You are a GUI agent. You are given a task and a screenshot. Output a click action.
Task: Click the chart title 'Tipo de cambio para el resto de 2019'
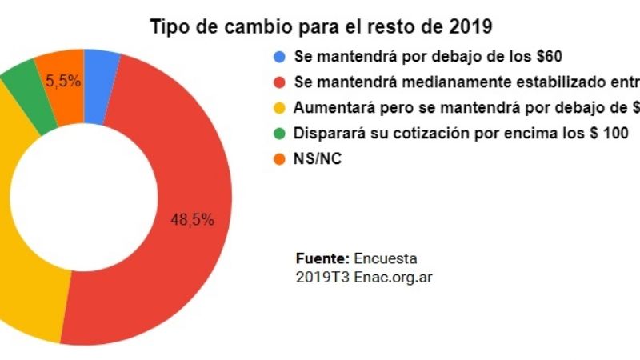pos(321,26)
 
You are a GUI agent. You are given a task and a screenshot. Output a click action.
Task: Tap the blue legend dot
pos(278,57)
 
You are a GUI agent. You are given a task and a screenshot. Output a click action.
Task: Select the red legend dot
pos(278,82)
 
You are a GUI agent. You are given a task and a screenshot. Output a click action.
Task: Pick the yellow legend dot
pos(278,107)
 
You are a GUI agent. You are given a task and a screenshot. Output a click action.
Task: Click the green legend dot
pos(278,132)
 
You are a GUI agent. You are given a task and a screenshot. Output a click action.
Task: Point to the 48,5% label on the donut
pos(192,220)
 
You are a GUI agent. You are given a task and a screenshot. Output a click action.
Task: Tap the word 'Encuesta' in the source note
pos(385,258)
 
